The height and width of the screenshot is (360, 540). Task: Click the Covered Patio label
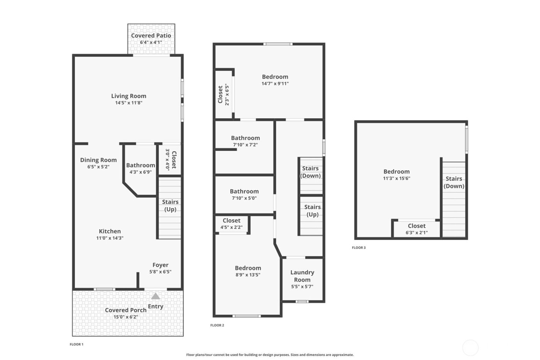tap(151, 35)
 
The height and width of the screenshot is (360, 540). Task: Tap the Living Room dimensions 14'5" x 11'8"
tap(128, 103)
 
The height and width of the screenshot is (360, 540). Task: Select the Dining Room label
tap(98, 160)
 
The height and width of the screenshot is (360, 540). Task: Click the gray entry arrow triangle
tap(155, 296)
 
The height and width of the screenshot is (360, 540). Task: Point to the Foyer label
tap(160, 265)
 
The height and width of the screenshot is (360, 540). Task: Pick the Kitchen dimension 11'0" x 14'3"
tap(110, 238)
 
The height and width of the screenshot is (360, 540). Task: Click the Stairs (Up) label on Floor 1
tap(170, 206)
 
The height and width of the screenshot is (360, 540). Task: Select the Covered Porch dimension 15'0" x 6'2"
tap(126, 317)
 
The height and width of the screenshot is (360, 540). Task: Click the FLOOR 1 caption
tap(76, 344)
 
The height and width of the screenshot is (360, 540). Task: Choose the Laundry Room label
tap(302, 276)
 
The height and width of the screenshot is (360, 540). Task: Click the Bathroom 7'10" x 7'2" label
tap(245, 138)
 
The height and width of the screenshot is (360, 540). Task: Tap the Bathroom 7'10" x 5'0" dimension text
tap(244, 198)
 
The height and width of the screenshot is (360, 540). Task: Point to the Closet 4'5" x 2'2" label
tap(231, 221)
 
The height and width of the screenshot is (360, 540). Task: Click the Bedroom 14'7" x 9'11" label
tap(275, 77)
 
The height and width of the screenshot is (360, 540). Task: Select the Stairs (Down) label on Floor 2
tap(310, 172)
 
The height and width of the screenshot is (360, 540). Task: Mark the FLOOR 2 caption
tap(217, 325)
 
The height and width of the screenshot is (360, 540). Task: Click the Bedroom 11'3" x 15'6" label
tap(397, 172)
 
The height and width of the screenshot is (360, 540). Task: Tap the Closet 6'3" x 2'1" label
tap(417, 226)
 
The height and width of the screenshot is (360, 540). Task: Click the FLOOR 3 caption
tap(359, 248)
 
